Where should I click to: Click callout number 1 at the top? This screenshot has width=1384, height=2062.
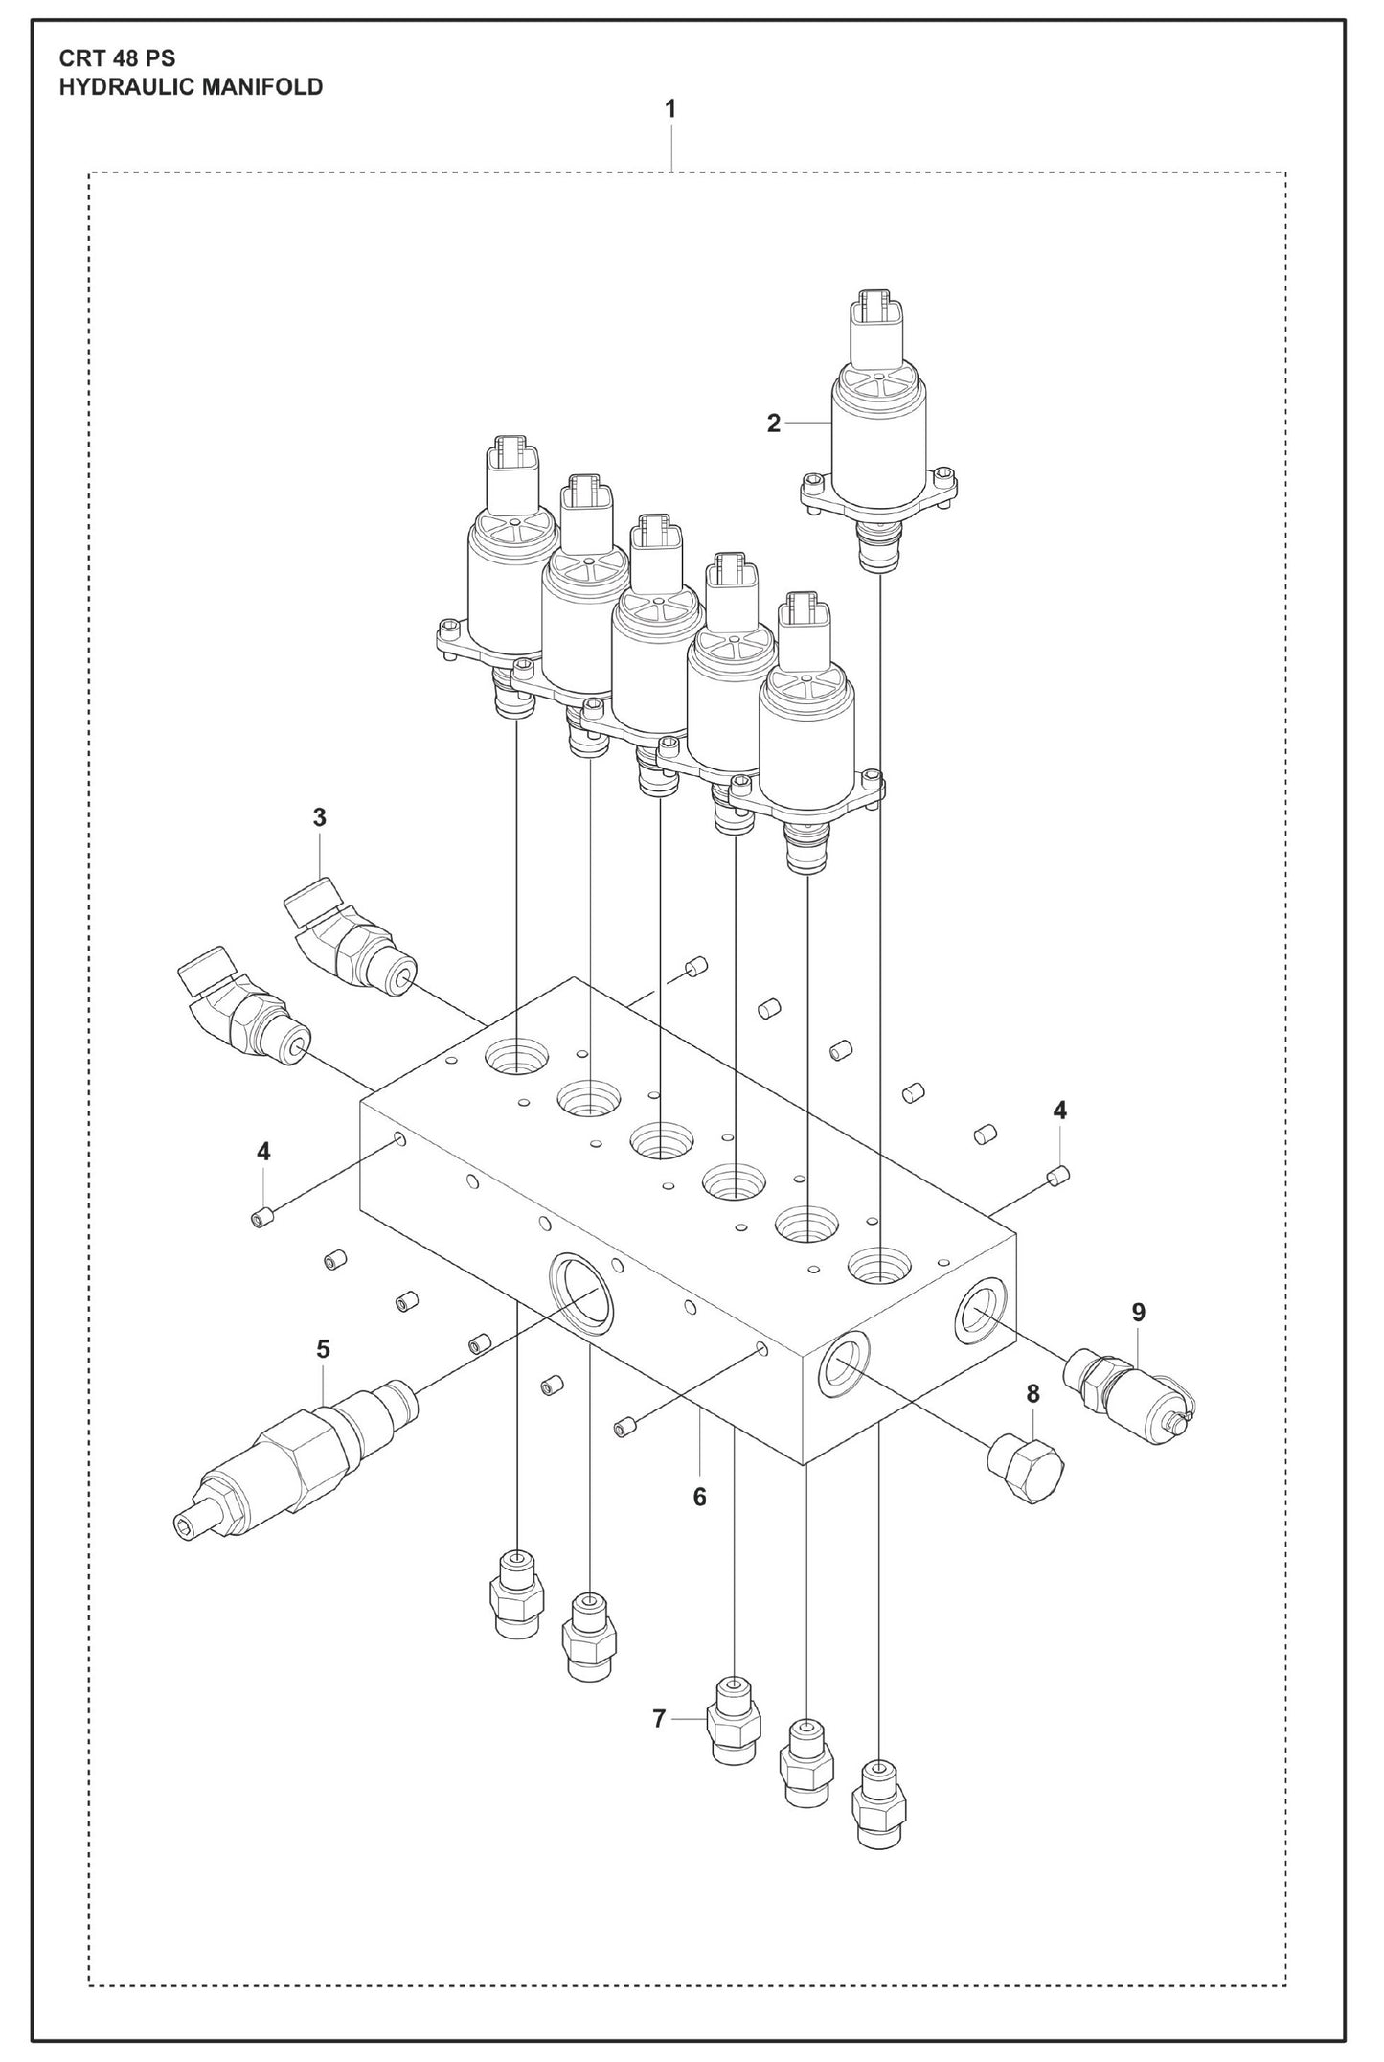(670, 109)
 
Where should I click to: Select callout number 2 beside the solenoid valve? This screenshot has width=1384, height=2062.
(774, 423)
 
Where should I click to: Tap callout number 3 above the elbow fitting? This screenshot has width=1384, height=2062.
(319, 817)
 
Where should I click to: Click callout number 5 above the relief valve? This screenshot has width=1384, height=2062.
(323, 1349)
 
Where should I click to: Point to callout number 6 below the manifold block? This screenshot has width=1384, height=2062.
(700, 1496)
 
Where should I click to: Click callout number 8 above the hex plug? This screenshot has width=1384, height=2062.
(1032, 1394)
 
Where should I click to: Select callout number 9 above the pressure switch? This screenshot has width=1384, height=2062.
(1138, 1312)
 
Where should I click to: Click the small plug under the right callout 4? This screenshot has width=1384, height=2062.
(1058, 1175)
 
